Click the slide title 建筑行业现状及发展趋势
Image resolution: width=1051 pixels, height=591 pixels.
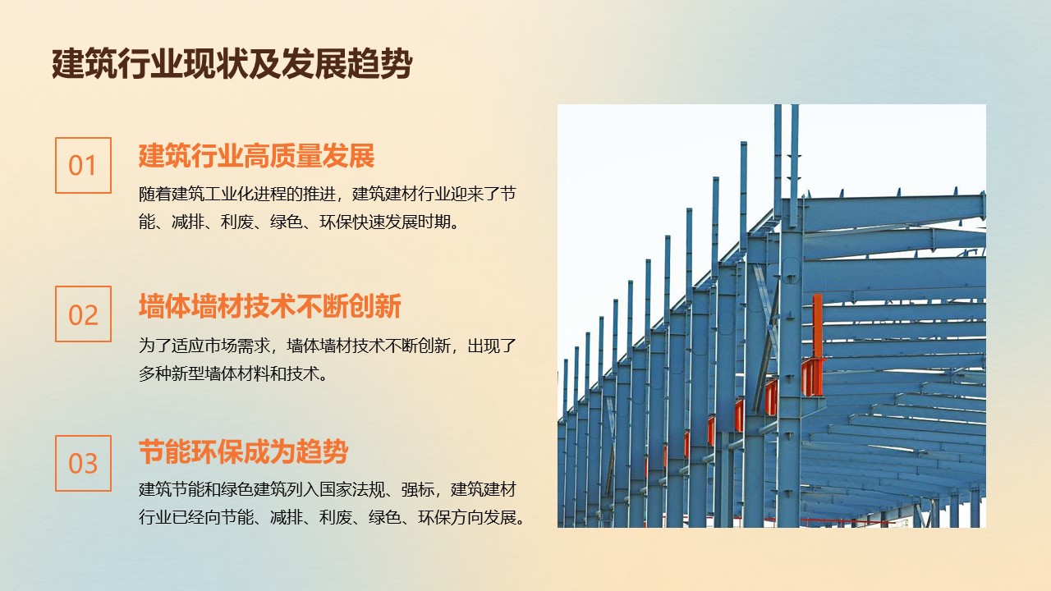pyautogui.click(x=232, y=63)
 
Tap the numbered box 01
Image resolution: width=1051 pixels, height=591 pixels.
pyautogui.click(x=83, y=165)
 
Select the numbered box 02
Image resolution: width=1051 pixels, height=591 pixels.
pyautogui.click(x=83, y=314)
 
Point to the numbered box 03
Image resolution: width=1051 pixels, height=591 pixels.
pyautogui.click(x=83, y=463)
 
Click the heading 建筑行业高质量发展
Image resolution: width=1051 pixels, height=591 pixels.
pyautogui.click(x=257, y=156)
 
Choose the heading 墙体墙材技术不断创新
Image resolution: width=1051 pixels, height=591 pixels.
pyautogui.click(x=270, y=306)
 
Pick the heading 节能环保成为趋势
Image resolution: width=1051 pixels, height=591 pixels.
pyautogui.click(x=244, y=451)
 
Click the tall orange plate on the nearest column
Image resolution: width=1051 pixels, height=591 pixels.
pyautogui.click(x=817, y=326)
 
